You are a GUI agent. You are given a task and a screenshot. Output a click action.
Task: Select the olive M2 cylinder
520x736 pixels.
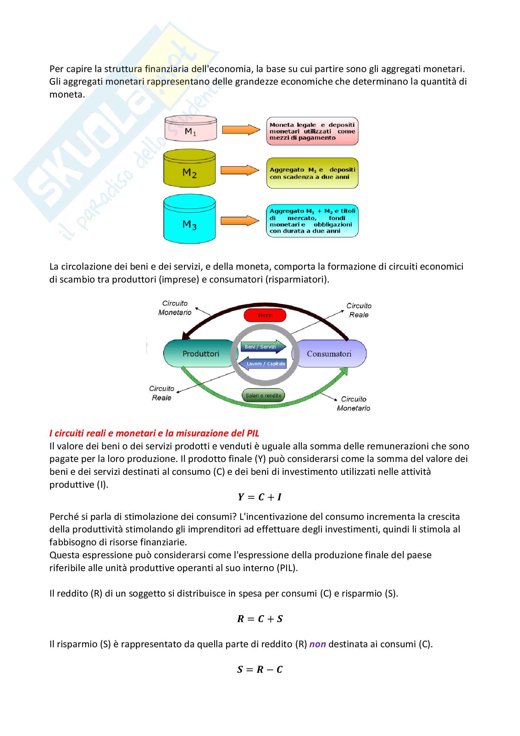pos(189,169)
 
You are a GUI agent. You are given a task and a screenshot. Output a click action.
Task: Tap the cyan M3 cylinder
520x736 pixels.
pos(189,220)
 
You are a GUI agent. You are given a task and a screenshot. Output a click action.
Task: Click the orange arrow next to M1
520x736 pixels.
pos(241,130)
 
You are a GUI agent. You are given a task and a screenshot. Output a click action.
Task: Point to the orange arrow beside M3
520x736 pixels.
pos(240,221)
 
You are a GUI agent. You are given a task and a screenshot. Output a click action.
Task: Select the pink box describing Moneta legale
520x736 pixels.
pos(312,131)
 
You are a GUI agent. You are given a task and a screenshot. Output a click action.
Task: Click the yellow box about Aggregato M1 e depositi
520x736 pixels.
pos(312,173)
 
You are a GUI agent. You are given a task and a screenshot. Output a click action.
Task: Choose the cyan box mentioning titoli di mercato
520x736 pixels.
pos(312,221)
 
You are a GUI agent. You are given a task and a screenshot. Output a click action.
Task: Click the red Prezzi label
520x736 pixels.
pos(265,315)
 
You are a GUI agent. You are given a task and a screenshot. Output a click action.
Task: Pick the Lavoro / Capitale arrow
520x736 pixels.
pos(263,363)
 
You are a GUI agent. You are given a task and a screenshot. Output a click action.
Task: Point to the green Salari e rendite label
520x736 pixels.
pos(263,395)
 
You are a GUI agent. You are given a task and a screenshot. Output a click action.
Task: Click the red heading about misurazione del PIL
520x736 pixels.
pos(154,433)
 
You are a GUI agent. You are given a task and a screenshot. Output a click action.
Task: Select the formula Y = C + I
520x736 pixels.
pos(260,497)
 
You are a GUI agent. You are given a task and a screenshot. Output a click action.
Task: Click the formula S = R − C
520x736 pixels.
pos(260,669)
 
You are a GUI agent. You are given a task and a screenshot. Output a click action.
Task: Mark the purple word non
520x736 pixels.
pos(317,644)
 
